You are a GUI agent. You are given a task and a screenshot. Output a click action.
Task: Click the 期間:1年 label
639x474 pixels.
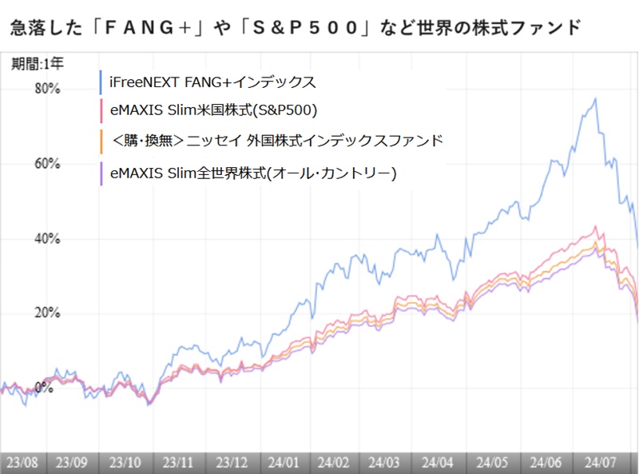click(32, 62)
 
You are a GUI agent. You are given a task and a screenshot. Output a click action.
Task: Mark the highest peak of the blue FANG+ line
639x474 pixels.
click(595, 98)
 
